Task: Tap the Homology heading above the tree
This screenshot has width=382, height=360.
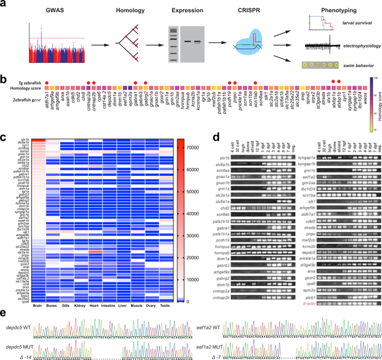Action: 130,10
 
